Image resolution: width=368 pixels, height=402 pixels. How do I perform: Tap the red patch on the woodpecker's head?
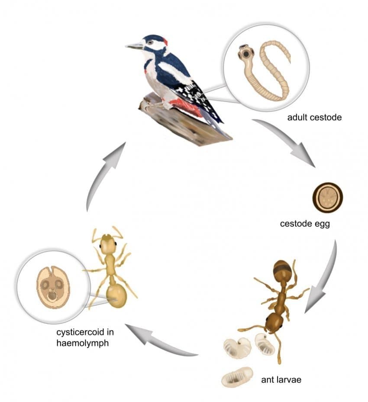[x=165, y=42]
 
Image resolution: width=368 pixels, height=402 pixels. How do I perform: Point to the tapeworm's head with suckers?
[x=245, y=53]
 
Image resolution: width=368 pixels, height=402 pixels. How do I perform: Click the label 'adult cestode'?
[x=314, y=117]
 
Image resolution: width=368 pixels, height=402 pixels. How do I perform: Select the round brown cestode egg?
[x=327, y=198]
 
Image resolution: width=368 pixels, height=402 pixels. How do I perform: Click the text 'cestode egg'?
[x=305, y=224]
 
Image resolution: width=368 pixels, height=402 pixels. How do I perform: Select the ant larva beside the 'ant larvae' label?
[x=237, y=377]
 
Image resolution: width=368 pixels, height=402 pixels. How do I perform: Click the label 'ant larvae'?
[x=281, y=380]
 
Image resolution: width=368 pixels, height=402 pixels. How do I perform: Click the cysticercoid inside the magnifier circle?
[x=53, y=287]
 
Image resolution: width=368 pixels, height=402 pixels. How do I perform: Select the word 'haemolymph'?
[x=83, y=343]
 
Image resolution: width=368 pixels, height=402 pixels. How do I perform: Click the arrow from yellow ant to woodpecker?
[x=103, y=177]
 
